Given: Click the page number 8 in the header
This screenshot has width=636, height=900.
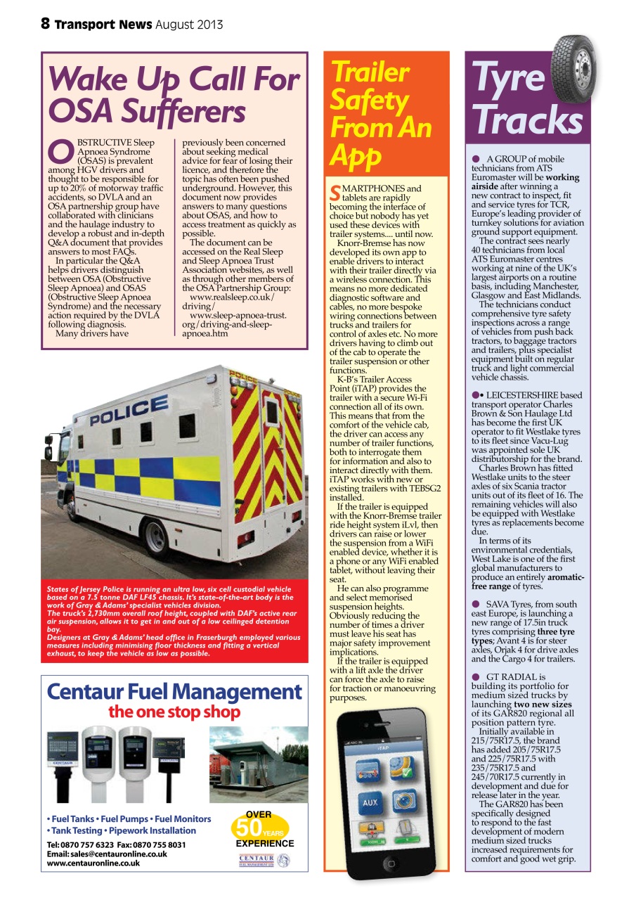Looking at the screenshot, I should tap(45, 24).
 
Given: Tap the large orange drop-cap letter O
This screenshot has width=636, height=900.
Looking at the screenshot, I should tap(59, 150).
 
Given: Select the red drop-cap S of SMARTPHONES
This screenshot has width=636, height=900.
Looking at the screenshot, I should tap(335, 192).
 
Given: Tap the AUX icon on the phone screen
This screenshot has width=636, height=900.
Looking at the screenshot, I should tap(370, 802).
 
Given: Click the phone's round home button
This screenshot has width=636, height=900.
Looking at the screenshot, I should tap(391, 863).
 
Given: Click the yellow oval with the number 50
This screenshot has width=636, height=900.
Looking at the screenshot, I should tap(259, 828).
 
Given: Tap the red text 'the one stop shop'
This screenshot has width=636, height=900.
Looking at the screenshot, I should tap(174, 712).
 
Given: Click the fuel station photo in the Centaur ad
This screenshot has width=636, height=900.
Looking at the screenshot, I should tap(259, 764).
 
